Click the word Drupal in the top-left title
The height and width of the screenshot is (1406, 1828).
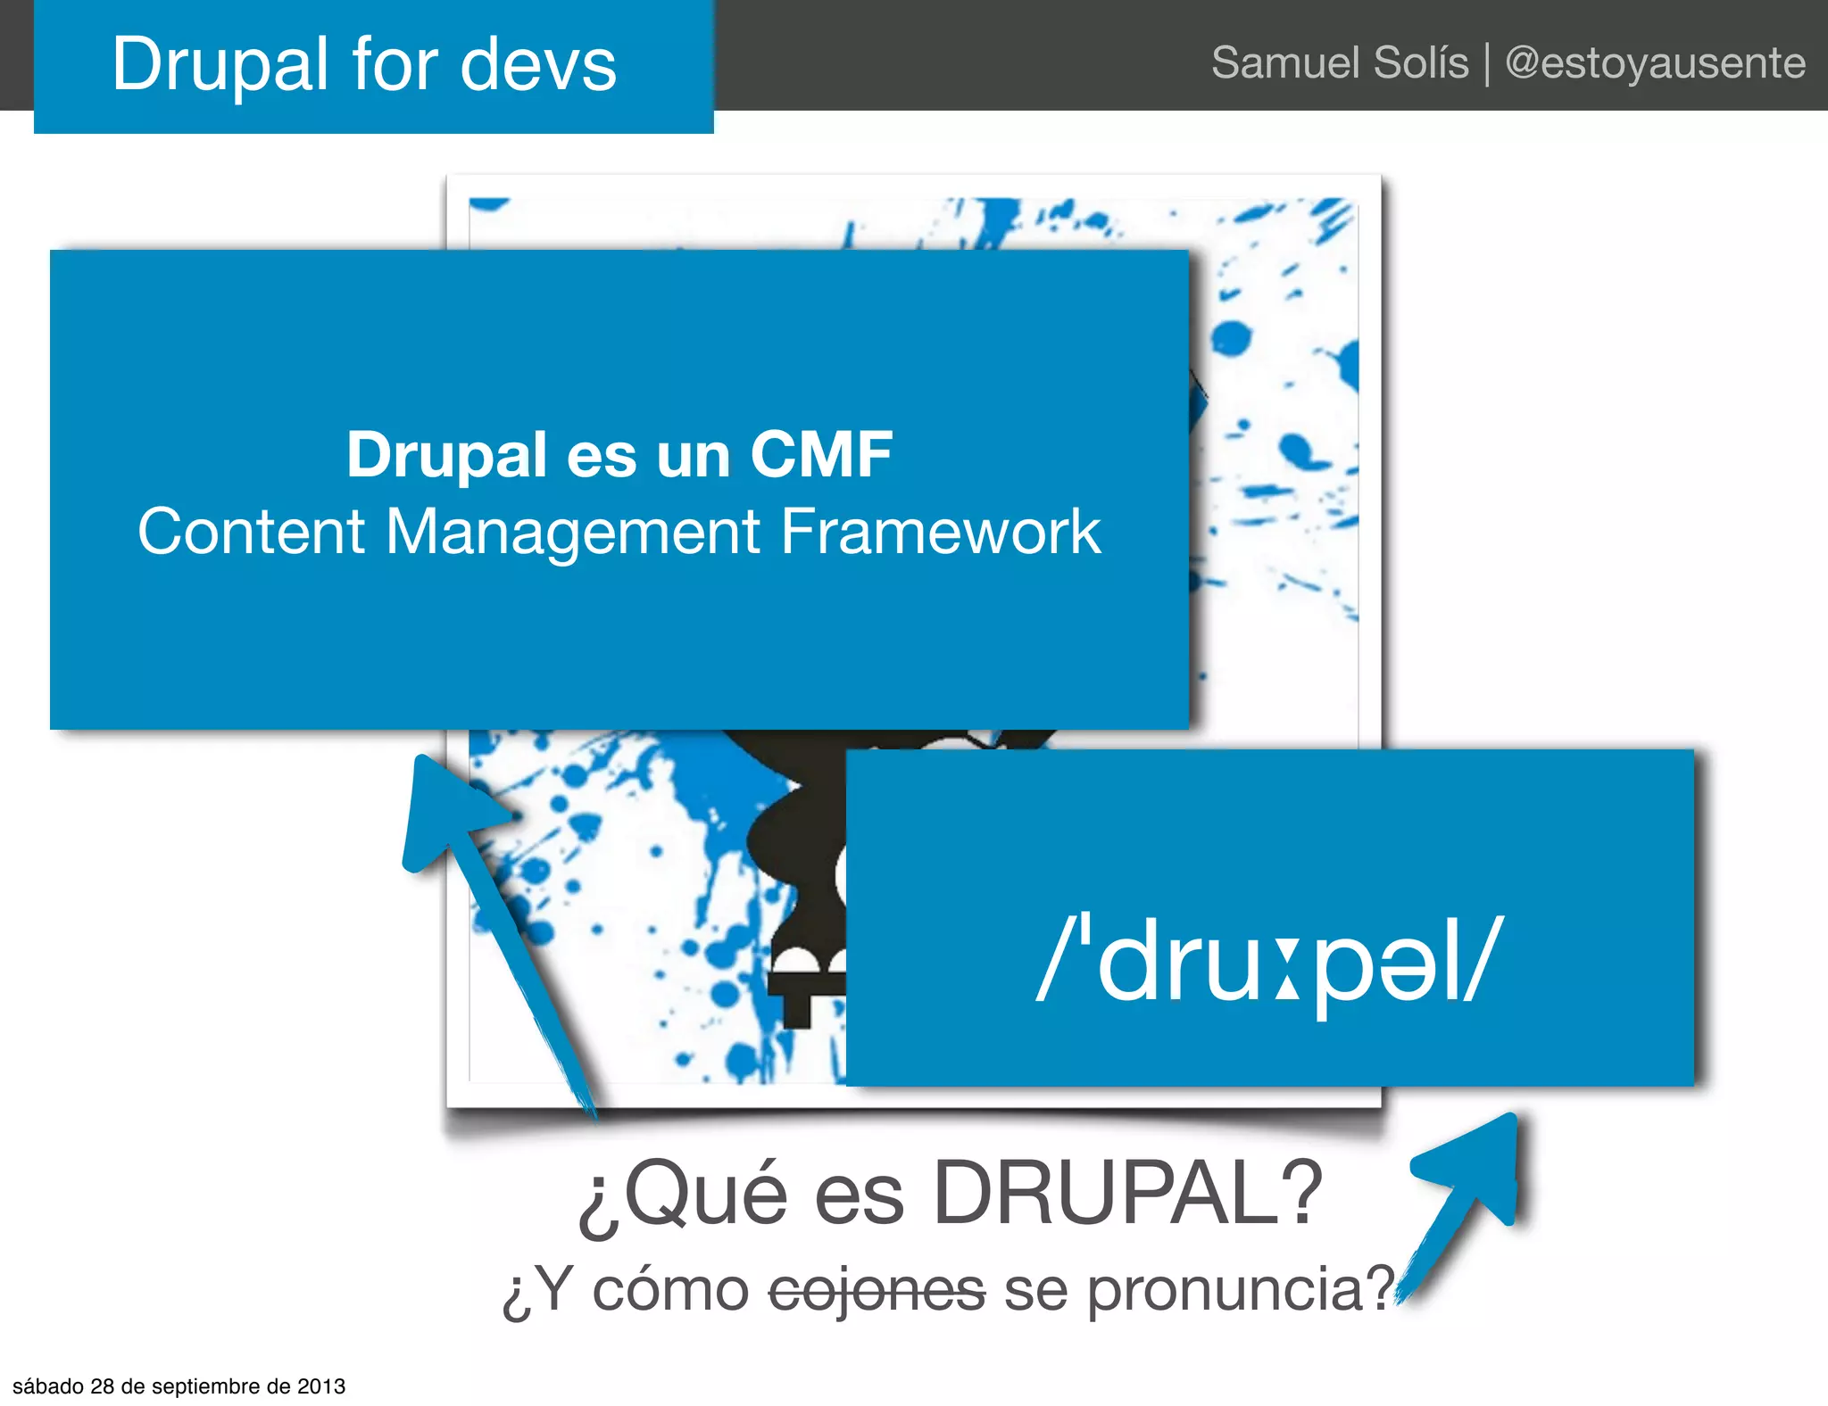coord(220,64)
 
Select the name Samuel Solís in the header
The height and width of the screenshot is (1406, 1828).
coord(1339,62)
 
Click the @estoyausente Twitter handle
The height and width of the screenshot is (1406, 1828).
coord(1655,62)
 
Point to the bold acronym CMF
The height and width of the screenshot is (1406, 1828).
coord(820,454)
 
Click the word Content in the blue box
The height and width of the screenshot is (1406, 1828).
coord(251,532)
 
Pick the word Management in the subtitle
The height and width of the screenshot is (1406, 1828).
coord(572,532)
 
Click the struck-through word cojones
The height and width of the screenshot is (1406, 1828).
coord(877,1290)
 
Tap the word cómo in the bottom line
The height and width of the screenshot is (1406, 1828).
coord(670,1290)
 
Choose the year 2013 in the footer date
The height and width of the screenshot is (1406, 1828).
coord(320,1386)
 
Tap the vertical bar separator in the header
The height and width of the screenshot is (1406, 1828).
coord(1487,64)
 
